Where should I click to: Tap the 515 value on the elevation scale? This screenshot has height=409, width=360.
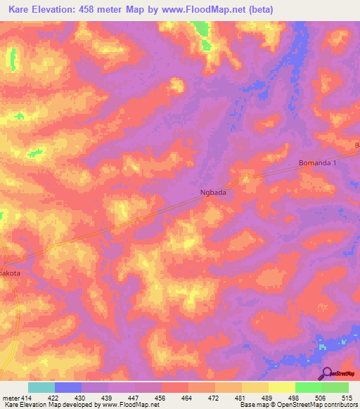coord(346,398)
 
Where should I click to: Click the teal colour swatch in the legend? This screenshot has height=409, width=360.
coord(41,387)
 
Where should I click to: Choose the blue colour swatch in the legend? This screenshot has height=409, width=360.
coord(68,387)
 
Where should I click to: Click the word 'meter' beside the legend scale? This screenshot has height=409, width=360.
coord(11,398)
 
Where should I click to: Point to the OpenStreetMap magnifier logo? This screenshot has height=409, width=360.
coord(326,374)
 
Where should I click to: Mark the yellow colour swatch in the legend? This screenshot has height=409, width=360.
coord(255,387)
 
